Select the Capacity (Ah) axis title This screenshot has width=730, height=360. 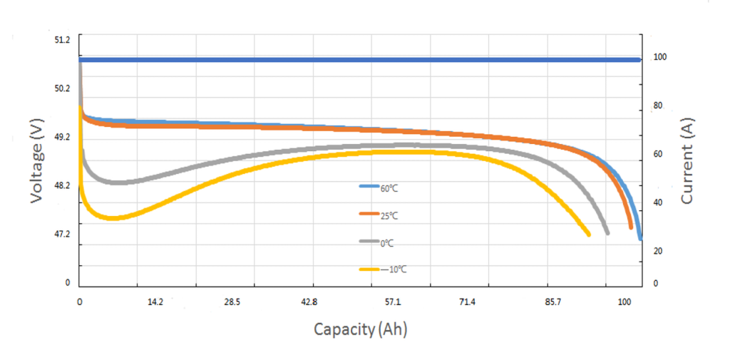click(361, 329)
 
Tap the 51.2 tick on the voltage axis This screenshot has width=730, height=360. click(63, 40)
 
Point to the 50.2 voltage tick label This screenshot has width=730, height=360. click(63, 88)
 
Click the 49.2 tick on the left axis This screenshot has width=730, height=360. click(63, 137)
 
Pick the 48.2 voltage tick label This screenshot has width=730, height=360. click(63, 185)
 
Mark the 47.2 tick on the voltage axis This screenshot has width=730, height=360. click(63, 234)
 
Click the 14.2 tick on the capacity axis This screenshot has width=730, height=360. click(155, 302)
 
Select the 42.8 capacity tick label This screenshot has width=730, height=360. click(309, 302)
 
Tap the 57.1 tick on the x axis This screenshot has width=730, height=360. click(393, 302)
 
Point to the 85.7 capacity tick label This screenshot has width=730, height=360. click(553, 302)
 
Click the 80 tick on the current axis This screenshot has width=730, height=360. click(658, 106)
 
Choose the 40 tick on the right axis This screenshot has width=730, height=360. click(658, 202)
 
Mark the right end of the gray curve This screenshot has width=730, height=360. click(607, 232)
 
